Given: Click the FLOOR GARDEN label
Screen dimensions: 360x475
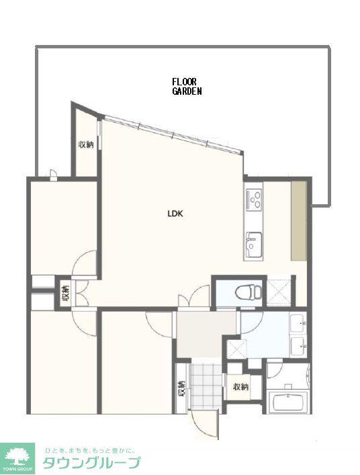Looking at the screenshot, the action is [187, 87].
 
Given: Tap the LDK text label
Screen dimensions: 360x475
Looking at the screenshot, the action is [175, 214].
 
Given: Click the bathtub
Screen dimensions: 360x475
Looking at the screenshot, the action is [290, 402].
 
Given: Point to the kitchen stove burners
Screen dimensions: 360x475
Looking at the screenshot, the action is [254, 199].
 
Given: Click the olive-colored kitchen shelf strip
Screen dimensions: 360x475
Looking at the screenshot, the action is [299, 220].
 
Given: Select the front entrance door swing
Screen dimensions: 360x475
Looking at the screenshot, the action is [205, 424].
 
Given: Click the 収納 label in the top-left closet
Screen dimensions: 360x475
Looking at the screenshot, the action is [86, 145].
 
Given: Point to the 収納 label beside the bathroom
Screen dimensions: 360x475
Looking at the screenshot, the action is [240, 387].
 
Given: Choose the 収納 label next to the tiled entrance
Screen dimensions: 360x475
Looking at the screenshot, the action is [181, 388].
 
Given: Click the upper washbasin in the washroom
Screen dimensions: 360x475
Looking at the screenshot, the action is [298, 323].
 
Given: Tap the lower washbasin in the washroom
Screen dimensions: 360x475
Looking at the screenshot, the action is [298, 346].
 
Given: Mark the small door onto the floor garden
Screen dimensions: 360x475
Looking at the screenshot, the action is [53, 175].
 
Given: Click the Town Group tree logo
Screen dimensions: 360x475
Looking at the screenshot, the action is [17, 458].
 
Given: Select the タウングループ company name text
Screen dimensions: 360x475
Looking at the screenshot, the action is [91, 463].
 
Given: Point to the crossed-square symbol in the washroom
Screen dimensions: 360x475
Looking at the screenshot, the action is [236, 349].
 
